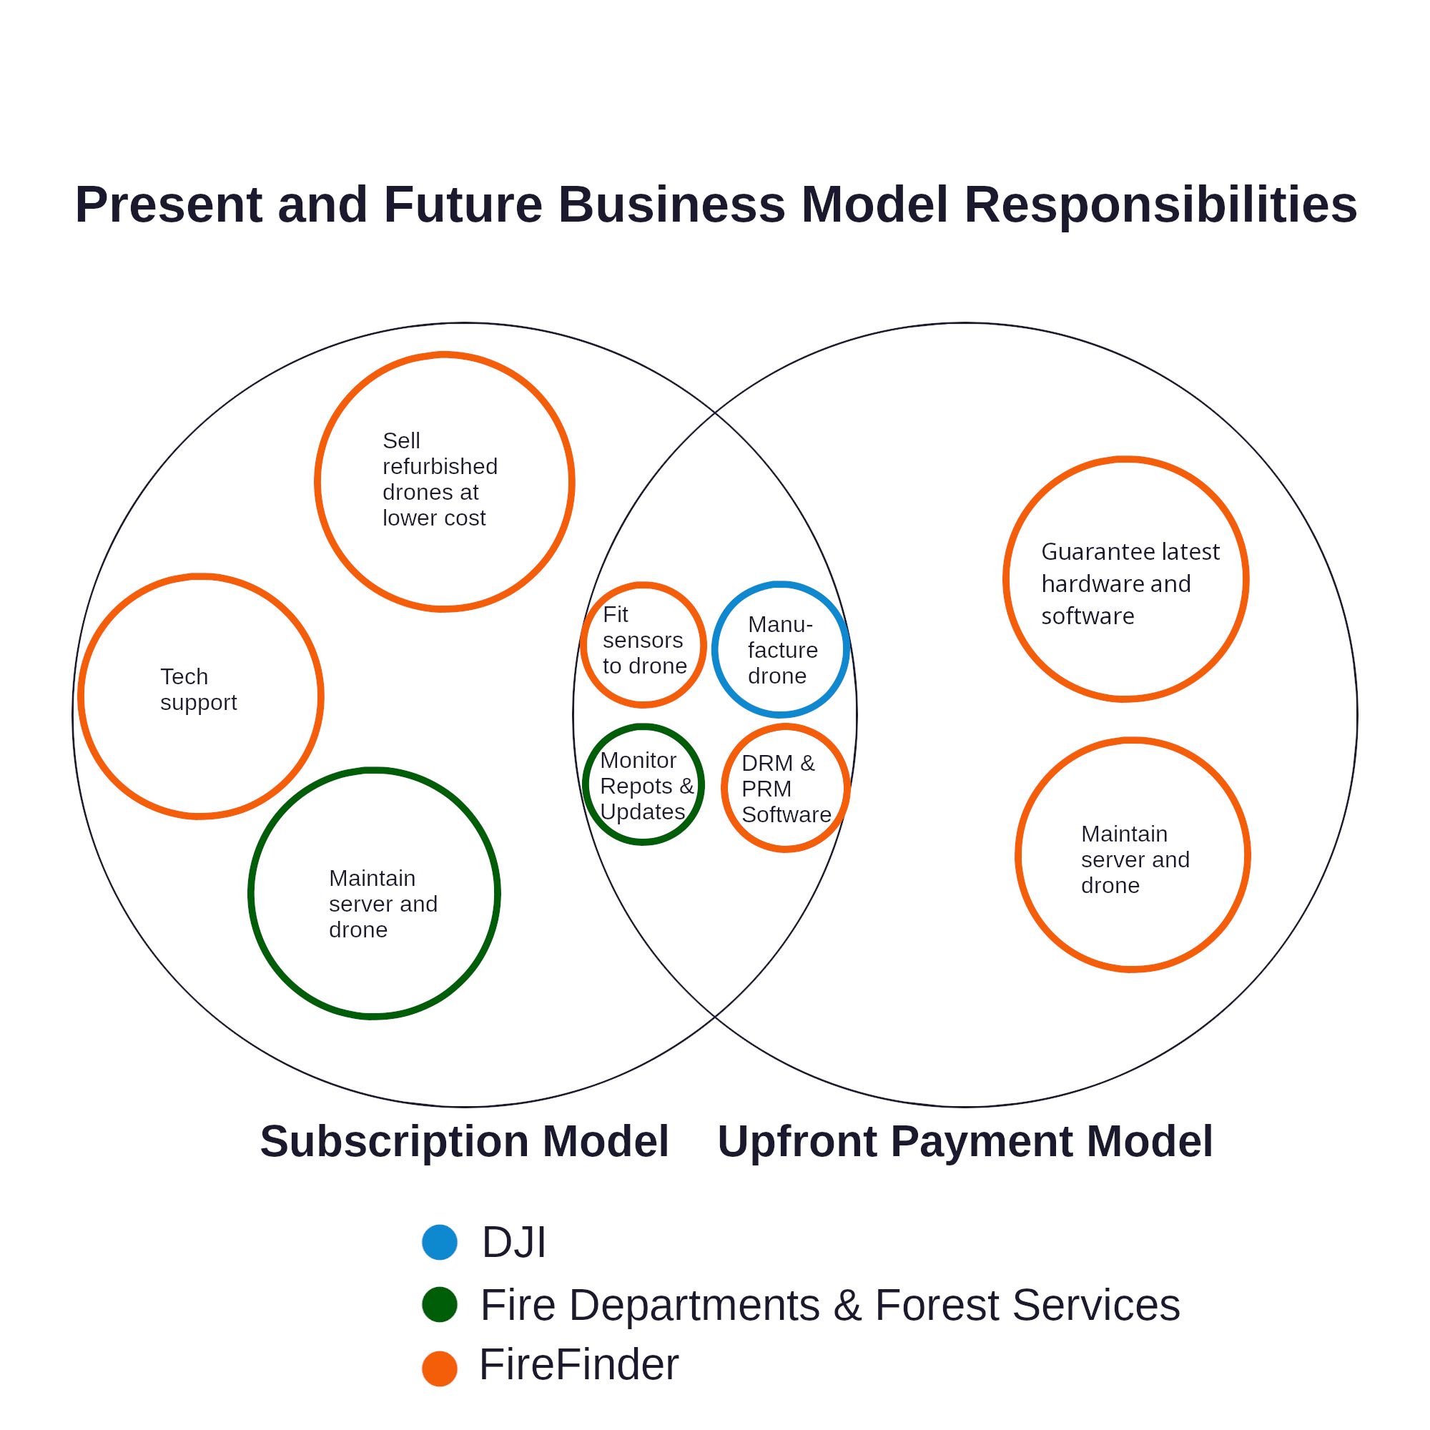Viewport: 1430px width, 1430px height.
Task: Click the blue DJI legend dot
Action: point(439,1242)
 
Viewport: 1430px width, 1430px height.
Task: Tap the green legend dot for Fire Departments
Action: point(439,1304)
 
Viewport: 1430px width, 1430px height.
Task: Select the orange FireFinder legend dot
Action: point(439,1369)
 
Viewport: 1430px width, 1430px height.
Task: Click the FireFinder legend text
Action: point(579,1364)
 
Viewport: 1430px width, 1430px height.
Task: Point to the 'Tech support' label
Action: point(198,689)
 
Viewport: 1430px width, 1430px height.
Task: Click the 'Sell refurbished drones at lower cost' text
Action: point(440,479)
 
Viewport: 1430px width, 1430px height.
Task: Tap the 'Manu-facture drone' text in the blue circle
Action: point(781,650)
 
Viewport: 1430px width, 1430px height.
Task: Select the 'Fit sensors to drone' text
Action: point(644,640)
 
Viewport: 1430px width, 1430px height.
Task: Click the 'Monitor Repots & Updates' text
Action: point(646,786)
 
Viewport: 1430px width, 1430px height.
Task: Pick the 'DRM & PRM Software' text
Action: point(785,789)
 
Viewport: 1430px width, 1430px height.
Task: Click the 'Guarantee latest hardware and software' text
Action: point(1130,583)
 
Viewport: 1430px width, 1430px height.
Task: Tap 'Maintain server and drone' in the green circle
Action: point(383,904)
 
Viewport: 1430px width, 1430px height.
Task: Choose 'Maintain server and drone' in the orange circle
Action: point(1135,859)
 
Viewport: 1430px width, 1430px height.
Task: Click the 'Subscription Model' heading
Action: point(464,1140)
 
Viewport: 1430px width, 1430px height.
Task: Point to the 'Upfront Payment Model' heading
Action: point(965,1140)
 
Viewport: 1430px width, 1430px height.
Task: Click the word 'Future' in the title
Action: point(463,204)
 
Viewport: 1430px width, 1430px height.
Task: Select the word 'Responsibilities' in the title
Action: point(1160,204)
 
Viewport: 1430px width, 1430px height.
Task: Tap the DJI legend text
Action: point(513,1242)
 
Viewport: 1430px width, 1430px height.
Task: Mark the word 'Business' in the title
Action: point(671,204)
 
